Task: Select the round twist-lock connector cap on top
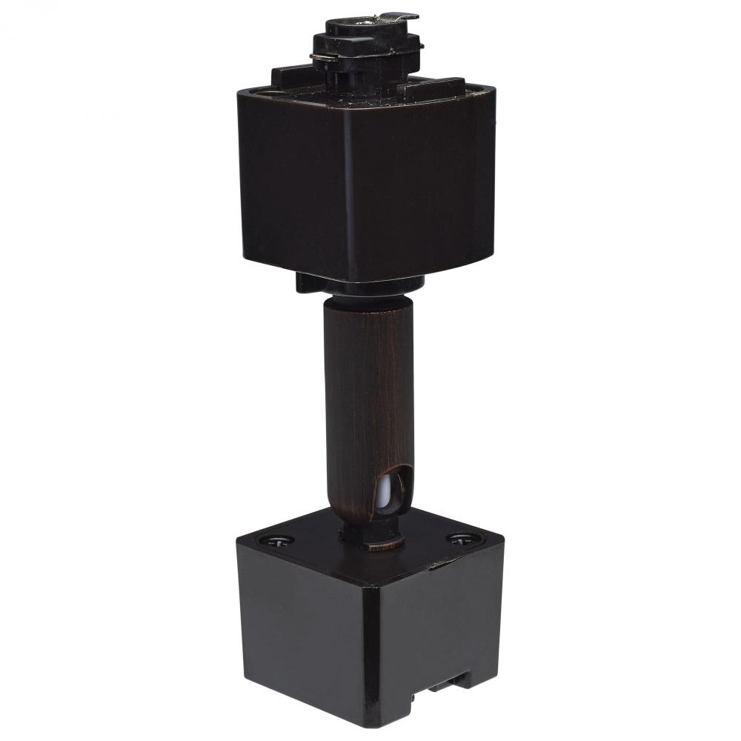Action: pyautogui.click(x=363, y=37)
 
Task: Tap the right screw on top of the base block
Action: pyautogui.click(x=460, y=540)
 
